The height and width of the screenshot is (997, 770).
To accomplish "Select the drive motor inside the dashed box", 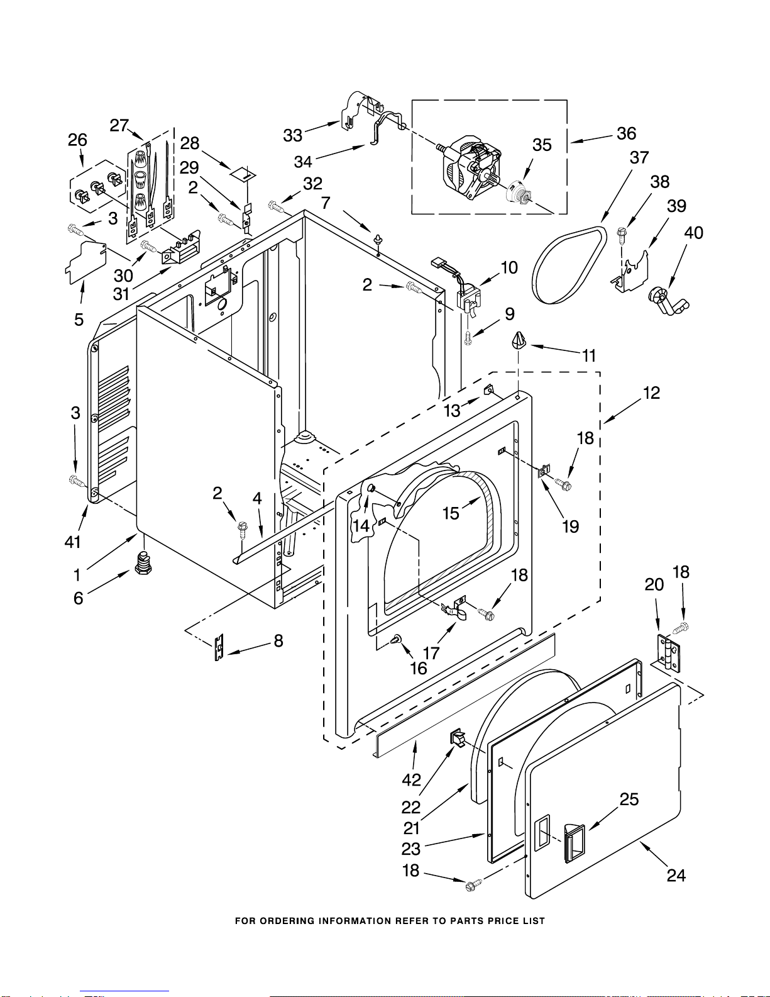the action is pos(472,167).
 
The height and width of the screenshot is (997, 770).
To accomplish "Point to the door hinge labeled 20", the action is pos(669,654).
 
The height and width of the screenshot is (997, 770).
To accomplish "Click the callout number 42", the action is pos(411,780).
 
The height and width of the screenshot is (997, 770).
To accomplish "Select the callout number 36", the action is pos(626,133).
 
